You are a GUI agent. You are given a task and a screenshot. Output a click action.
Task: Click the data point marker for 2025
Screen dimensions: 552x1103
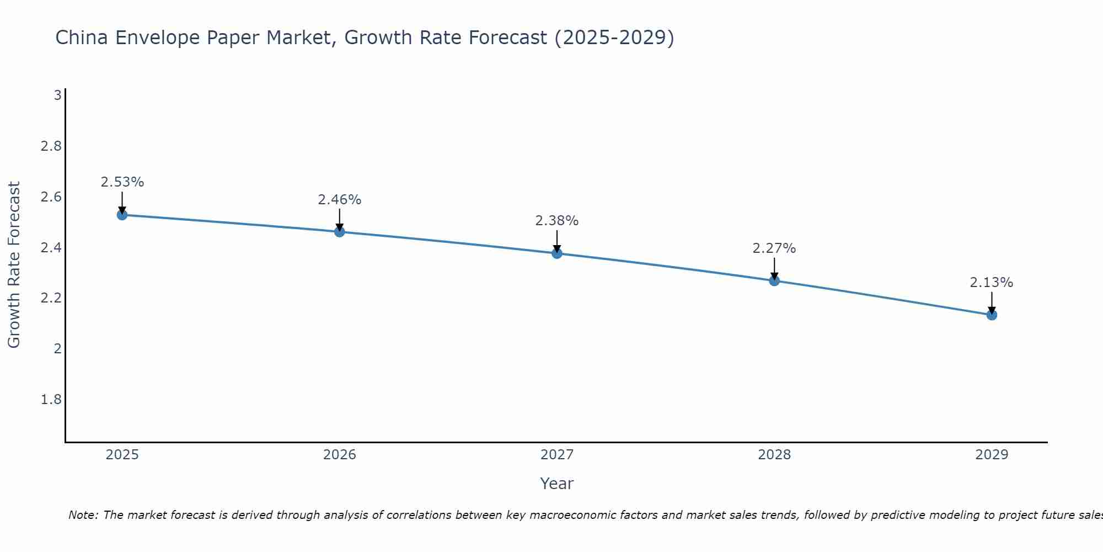pyautogui.click(x=122, y=215)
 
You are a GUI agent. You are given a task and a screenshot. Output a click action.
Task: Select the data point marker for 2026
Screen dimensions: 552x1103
pyautogui.click(x=340, y=232)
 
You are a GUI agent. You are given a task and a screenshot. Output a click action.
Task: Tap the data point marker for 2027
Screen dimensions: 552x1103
pyautogui.click(x=557, y=253)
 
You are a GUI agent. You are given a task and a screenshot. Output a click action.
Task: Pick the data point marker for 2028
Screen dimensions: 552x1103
pyautogui.click(x=774, y=280)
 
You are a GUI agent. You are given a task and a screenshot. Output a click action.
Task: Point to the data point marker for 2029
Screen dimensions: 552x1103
pyautogui.click(x=992, y=315)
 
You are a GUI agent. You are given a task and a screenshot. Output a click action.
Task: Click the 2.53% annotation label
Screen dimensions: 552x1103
pyautogui.click(x=122, y=182)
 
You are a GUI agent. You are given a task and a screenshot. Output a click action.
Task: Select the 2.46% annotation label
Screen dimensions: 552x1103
pyautogui.click(x=340, y=200)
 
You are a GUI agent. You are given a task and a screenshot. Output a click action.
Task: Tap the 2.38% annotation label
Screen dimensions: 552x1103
pyautogui.click(x=557, y=221)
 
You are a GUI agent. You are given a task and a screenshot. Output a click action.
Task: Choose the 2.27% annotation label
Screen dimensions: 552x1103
pyautogui.click(x=774, y=248)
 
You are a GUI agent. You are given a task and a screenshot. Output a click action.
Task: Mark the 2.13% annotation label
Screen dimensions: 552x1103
pyautogui.click(x=992, y=283)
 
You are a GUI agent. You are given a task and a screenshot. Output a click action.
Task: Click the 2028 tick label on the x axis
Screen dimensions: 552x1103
pyautogui.click(x=774, y=455)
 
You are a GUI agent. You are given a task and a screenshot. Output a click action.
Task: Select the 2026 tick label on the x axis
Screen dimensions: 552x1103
pyautogui.click(x=340, y=455)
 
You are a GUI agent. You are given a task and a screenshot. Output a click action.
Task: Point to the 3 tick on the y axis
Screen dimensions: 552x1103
pyautogui.click(x=57, y=95)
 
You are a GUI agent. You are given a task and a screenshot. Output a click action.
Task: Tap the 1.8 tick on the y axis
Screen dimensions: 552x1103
pyautogui.click(x=51, y=400)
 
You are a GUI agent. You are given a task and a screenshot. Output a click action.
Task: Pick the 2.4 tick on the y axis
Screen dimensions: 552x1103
pyautogui.click(x=51, y=248)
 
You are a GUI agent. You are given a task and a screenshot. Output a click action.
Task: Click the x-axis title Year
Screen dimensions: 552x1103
pyautogui.click(x=557, y=484)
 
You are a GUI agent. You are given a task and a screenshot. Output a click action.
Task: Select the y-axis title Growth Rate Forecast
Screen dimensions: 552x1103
pyautogui.click(x=14, y=265)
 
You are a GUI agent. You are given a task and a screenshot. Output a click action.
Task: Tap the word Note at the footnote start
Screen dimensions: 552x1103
pyautogui.click(x=83, y=515)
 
